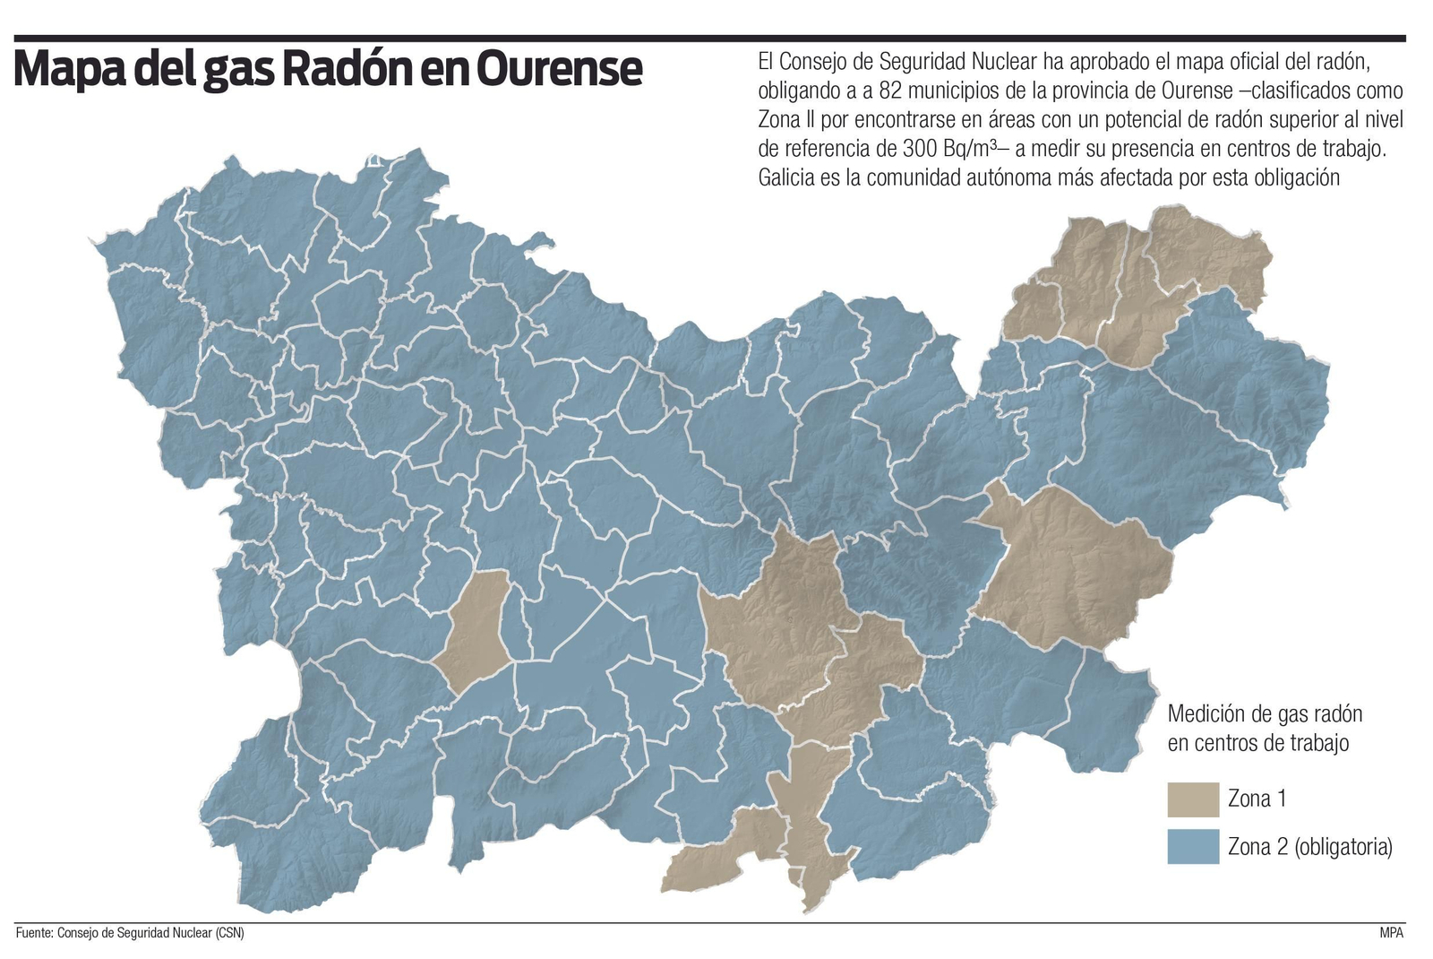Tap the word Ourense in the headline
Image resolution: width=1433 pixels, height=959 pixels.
tap(559, 68)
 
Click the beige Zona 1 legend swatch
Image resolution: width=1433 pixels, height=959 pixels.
tap(1193, 799)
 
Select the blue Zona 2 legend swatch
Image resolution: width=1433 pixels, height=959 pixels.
tap(1193, 846)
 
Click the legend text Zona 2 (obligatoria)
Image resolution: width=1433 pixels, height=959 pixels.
tap(1309, 846)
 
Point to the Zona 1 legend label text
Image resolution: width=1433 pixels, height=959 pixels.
tap(1257, 799)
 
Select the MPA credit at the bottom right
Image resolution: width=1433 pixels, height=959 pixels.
tap(1391, 933)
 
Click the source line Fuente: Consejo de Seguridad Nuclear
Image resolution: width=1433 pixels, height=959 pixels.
tap(130, 933)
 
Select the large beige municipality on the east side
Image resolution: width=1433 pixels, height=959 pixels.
tap(1070, 565)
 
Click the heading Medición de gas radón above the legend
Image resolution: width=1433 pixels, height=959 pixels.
tap(1265, 714)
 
